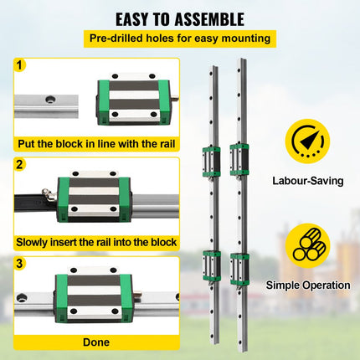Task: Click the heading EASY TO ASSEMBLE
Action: coord(180,18)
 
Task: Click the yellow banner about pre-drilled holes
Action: coord(180,38)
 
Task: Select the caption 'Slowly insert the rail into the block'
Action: coord(96,243)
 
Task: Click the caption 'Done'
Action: coord(95,342)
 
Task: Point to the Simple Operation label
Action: coord(308,285)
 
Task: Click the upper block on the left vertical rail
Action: coord(211,160)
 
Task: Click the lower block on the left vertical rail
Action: coord(211,265)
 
